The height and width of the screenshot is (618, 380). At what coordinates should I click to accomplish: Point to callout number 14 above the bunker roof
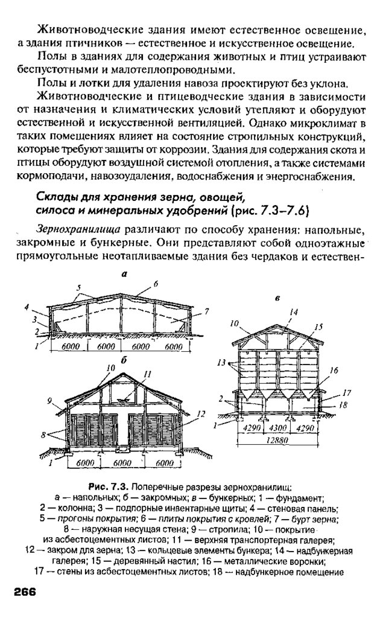[294, 312]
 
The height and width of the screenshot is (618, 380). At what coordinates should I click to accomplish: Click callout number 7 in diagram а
[206, 311]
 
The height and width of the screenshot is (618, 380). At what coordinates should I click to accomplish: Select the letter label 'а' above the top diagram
[123, 273]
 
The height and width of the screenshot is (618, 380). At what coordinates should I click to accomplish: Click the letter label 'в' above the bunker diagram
[277, 298]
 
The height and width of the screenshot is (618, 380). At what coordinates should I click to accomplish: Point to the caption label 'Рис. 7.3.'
[109, 486]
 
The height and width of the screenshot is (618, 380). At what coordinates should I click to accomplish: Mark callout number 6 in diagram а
[155, 283]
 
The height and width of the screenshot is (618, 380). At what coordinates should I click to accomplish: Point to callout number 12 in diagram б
[201, 414]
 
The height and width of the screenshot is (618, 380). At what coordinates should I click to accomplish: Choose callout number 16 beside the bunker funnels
[334, 370]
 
